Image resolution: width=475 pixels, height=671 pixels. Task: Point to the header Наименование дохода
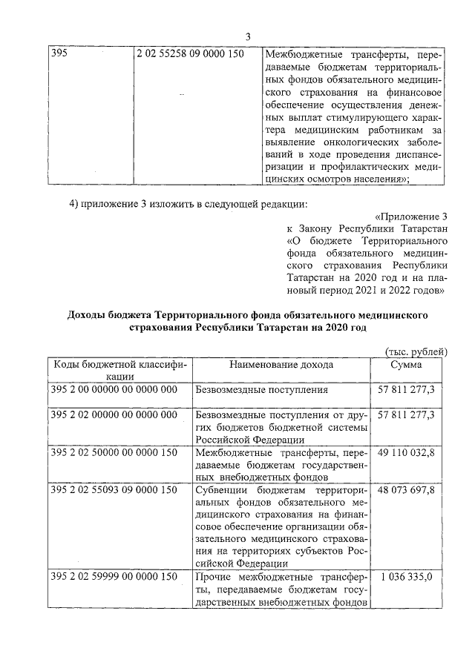[281, 364]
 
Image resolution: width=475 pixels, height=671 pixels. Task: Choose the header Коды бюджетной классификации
[119, 370]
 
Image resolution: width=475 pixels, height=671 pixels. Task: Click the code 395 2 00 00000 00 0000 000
[114, 389]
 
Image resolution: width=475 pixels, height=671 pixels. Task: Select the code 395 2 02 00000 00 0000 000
[114, 414]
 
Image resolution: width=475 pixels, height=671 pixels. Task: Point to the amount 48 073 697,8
[407, 490]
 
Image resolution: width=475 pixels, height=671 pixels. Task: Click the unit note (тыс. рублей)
[416, 351]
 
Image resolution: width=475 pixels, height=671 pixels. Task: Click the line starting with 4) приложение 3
[186, 204]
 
